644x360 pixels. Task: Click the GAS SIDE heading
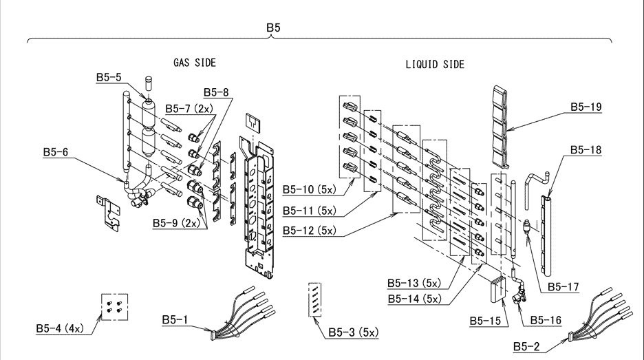194,63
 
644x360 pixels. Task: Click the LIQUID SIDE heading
435,65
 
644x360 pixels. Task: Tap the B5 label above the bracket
273,28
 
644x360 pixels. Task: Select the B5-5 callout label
109,77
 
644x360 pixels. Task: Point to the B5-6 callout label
56,152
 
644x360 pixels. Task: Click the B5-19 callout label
586,107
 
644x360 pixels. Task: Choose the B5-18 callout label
586,150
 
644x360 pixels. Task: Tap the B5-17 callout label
563,287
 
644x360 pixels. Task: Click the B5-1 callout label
175,319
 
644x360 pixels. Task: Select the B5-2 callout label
526,347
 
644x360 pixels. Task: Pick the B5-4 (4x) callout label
60,328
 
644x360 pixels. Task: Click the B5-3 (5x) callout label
353,332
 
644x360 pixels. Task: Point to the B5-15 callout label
486,321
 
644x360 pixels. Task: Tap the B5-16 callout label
546,320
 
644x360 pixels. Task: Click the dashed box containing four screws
115,306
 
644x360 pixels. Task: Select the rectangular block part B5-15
499,290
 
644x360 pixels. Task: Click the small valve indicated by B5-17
527,227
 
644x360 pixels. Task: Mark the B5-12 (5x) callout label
309,231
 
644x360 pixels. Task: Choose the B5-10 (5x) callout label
309,190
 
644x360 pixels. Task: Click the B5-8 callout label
216,92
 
